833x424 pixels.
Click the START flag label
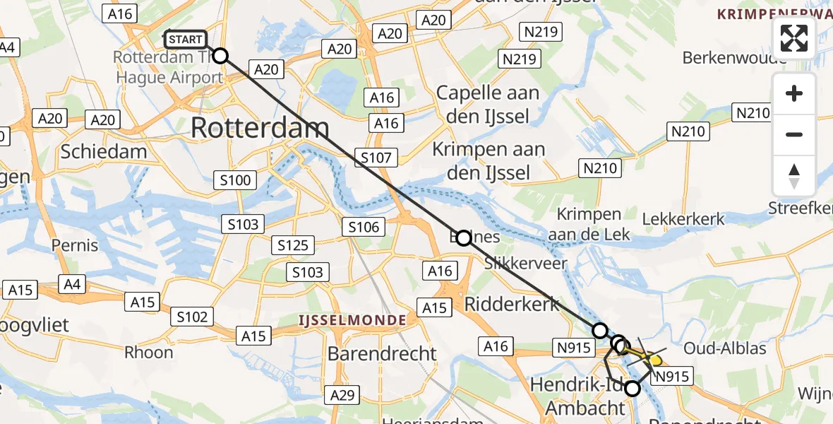186,40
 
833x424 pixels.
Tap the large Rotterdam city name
259,128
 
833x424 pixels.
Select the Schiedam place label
104,151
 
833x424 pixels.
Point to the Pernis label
75,245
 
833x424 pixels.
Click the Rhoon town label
148,352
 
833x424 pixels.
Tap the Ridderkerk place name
513,305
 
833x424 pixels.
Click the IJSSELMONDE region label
351,320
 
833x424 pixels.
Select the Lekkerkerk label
683,219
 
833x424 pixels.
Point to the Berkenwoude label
735,58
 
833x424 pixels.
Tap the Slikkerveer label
526,263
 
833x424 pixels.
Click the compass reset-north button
794,176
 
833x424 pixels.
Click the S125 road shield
293,245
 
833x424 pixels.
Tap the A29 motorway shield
343,396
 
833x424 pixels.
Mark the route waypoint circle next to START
220,56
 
